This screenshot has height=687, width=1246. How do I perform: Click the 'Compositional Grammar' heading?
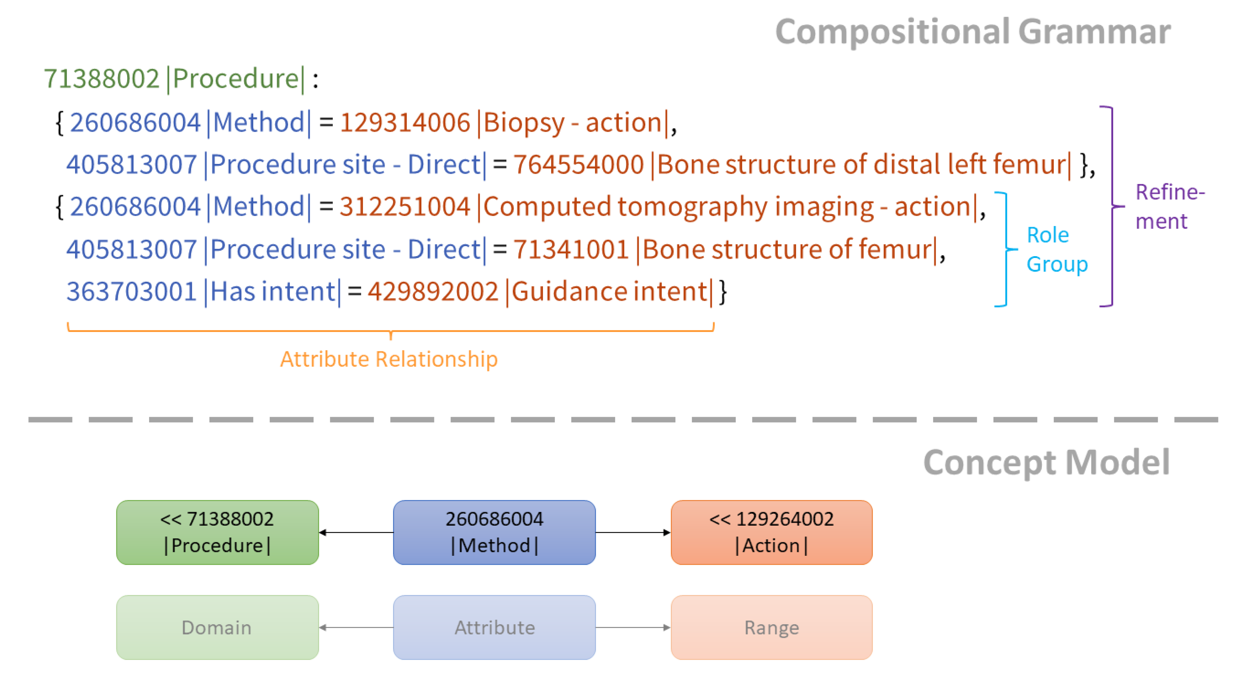pyautogui.click(x=972, y=32)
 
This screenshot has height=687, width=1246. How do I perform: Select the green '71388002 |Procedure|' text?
pyautogui.click(x=174, y=79)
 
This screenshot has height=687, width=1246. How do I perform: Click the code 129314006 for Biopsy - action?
pyautogui.click(x=405, y=122)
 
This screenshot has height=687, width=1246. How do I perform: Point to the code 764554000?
pyautogui.click(x=578, y=164)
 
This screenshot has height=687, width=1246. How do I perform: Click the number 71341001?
pyautogui.click(x=571, y=249)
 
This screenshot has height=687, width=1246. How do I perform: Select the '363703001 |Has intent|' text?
pyautogui.click(x=203, y=291)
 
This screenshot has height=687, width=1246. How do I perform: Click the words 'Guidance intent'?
pyautogui.click(x=610, y=291)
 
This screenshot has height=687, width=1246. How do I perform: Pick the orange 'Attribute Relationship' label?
pyautogui.click(x=388, y=359)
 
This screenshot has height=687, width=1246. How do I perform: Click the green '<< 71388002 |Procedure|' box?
pyautogui.click(x=217, y=532)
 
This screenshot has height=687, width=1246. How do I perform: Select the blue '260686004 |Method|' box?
pyautogui.click(x=494, y=532)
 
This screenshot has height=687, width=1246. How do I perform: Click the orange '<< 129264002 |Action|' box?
pyautogui.click(x=771, y=532)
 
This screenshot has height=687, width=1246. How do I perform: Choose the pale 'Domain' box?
pyautogui.click(x=217, y=627)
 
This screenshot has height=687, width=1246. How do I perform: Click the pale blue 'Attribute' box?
pyautogui.click(x=494, y=627)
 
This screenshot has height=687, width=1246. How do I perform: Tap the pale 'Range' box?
pyautogui.click(x=771, y=627)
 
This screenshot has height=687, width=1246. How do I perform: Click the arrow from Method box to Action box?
pyautogui.click(x=633, y=532)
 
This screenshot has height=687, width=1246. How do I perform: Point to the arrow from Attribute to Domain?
pyautogui.click(x=356, y=627)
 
